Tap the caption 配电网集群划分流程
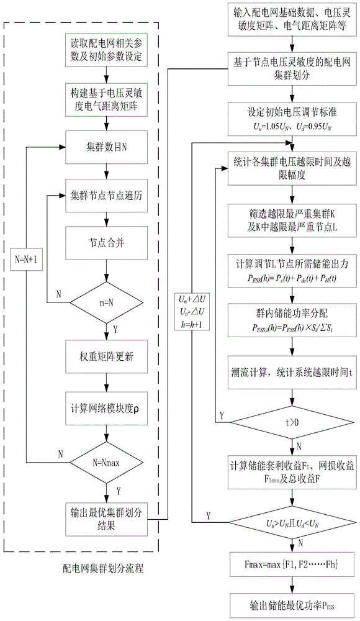[105, 566]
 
